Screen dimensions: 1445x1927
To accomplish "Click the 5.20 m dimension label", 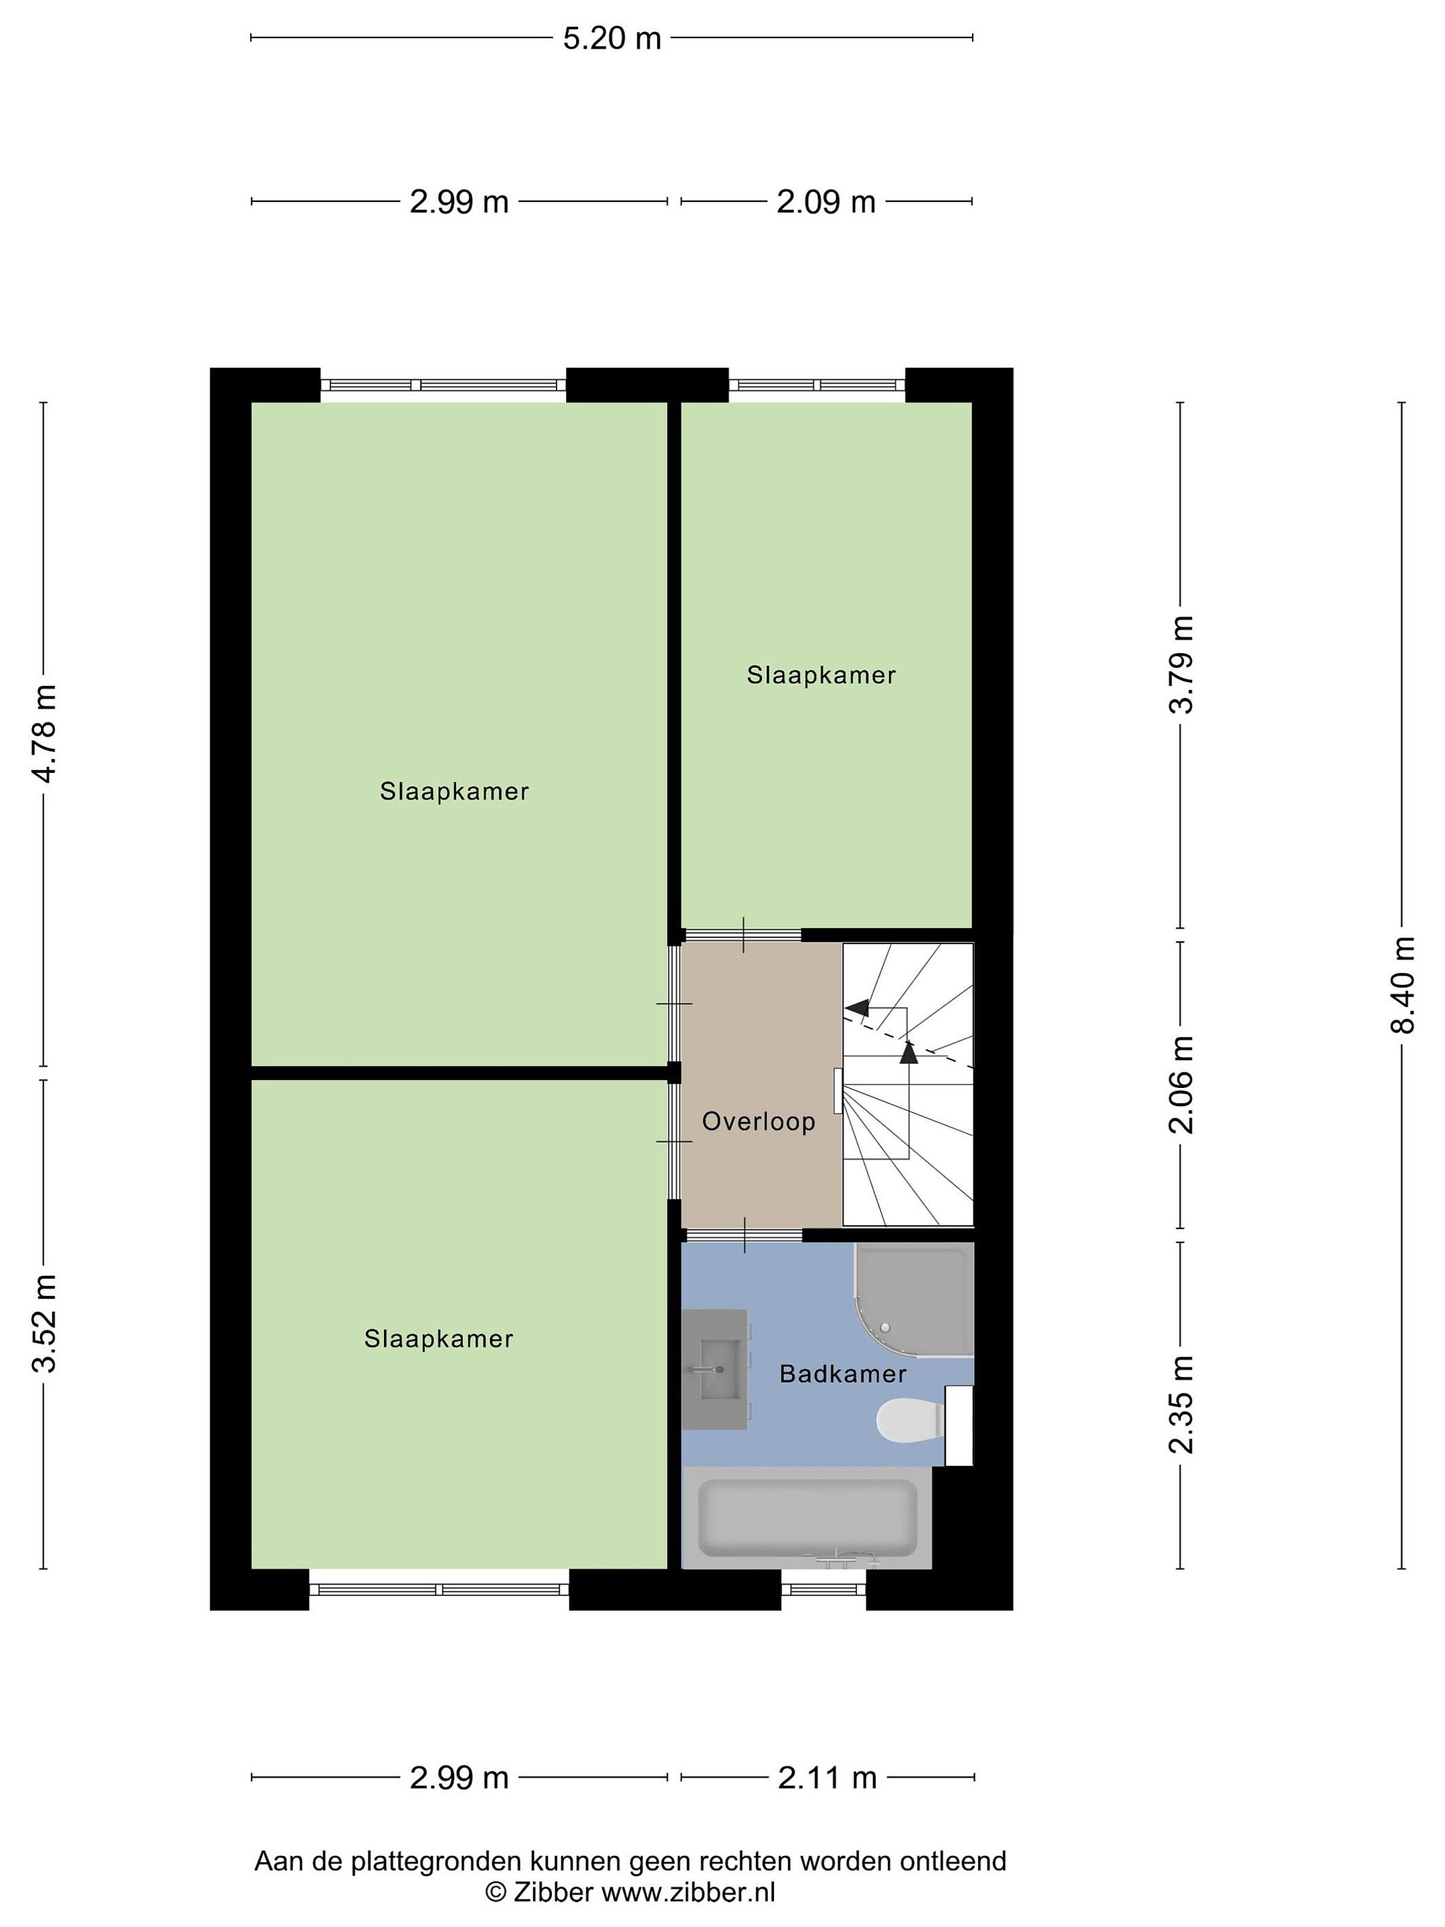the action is (611, 38).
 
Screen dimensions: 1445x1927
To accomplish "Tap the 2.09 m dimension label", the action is (825, 202).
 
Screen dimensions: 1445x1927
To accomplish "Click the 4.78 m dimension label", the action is (43, 733).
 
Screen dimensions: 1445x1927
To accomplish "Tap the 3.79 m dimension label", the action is (1181, 664).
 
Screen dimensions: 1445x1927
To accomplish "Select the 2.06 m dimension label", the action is (1181, 1085).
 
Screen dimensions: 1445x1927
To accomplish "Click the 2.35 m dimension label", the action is (1181, 1405).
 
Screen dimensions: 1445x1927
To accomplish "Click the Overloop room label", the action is (759, 1121).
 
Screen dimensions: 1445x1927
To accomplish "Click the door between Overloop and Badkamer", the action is (744, 1234).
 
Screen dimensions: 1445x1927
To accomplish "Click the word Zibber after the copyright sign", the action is (553, 1892).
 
